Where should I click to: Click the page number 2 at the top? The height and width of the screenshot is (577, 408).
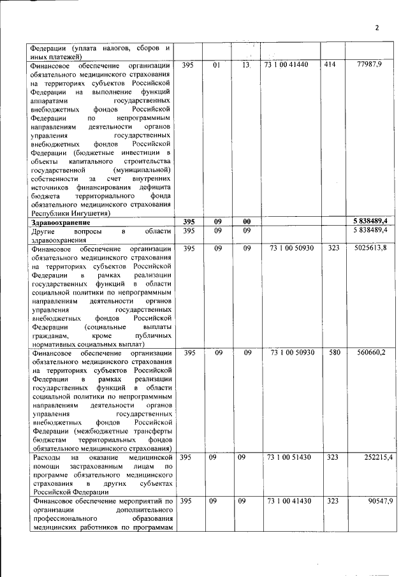click(377, 27)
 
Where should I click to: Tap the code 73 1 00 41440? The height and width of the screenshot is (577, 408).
click(290, 64)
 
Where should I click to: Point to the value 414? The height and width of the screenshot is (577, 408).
click(330, 64)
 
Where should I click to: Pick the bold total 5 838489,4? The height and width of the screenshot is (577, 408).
click(370, 221)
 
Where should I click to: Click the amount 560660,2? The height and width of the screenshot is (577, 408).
click(370, 351)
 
